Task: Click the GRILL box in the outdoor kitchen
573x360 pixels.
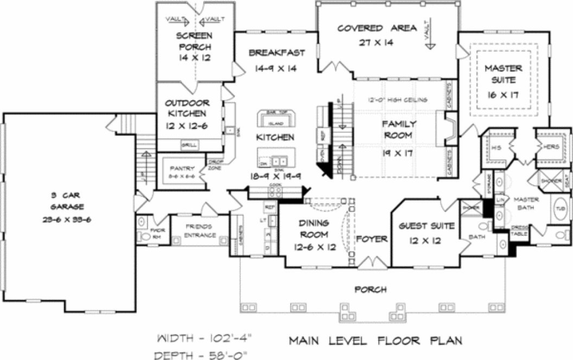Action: [189, 145]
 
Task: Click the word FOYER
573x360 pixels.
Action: [372, 239]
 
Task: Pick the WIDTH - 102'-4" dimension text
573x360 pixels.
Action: [206, 340]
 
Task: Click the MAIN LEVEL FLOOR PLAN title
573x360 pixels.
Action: [375, 340]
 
